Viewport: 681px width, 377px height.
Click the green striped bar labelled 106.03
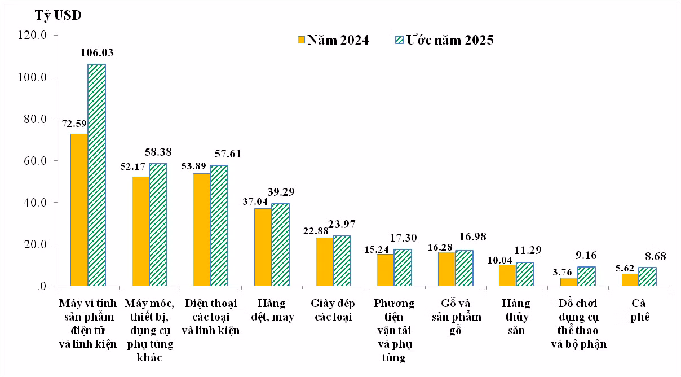click(96, 175)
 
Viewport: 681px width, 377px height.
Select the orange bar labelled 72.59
click(79, 210)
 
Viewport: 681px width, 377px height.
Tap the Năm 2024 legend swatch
click(301, 40)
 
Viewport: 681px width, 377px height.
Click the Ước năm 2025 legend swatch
click(399, 40)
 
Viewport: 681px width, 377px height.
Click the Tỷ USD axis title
click(58, 15)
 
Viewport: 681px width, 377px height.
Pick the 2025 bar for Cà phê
click(647, 277)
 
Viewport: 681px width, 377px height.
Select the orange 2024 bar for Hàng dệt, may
click(263, 247)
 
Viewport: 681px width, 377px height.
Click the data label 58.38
click(158, 152)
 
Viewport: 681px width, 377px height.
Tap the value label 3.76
click(562, 272)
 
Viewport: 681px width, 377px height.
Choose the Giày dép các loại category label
click(333, 310)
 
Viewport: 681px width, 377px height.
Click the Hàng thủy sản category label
click(516, 317)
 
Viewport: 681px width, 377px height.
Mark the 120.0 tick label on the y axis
click(32, 36)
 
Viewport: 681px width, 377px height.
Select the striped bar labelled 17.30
click(403, 268)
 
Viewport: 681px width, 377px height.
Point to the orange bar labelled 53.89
click(202, 230)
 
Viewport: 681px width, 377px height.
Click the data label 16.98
click(473, 236)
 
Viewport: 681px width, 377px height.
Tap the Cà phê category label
click(640, 310)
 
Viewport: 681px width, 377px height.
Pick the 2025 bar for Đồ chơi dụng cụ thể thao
click(586, 277)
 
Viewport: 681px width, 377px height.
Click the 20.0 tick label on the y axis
click(36, 244)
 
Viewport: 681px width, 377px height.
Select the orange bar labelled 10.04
click(507, 275)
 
